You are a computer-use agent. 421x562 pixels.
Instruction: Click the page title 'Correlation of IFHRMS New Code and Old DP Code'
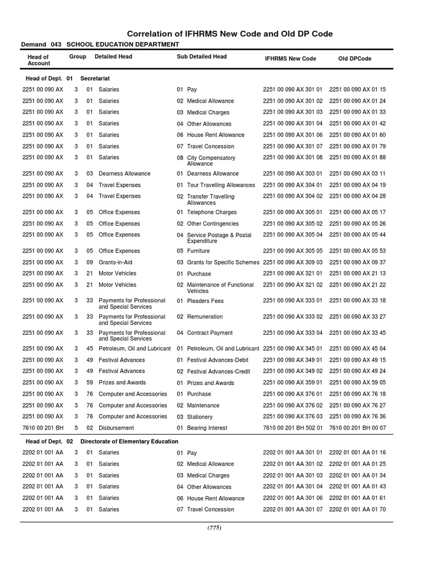click(230, 34)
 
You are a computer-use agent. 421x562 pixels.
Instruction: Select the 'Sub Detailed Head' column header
click(201, 57)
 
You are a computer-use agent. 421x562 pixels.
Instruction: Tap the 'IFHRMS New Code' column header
click(290, 59)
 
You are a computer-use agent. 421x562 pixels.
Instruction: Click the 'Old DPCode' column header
click(354, 59)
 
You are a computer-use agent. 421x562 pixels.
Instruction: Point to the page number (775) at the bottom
click(214, 528)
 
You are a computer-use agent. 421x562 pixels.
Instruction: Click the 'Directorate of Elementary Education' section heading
click(129, 441)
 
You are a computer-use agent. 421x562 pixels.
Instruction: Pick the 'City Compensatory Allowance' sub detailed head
click(211, 161)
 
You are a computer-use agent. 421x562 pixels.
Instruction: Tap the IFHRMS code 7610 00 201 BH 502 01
click(293, 428)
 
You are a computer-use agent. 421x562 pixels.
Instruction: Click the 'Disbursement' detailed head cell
click(116, 428)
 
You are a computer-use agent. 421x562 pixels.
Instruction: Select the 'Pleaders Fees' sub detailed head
click(205, 301)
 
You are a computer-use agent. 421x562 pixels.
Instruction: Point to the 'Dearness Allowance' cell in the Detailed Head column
click(124, 173)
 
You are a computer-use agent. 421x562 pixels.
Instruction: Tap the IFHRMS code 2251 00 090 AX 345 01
click(293, 349)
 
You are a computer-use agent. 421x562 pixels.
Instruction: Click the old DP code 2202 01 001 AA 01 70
click(357, 509)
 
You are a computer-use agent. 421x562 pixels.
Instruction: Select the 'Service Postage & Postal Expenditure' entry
click(219, 238)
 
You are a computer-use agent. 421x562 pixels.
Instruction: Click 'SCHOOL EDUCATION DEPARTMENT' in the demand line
click(122, 44)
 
